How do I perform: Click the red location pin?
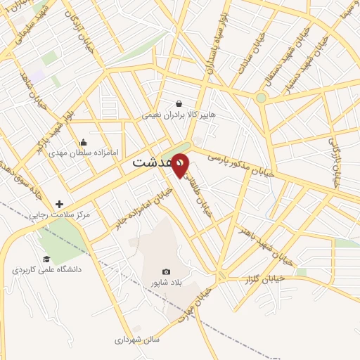[x=181, y=165]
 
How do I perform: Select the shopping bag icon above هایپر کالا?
[x=179, y=103]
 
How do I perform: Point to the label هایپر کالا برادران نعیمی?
[x=179, y=114]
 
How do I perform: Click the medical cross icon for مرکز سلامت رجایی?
[x=60, y=204]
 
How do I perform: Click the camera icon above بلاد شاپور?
[x=166, y=272]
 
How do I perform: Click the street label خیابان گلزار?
[x=268, y=277]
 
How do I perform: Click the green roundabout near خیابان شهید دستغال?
[x=261, y=98]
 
